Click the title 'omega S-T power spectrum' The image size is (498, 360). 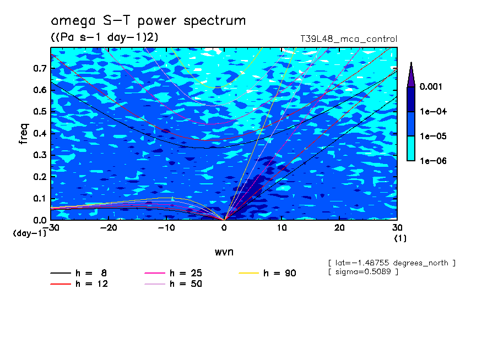148,21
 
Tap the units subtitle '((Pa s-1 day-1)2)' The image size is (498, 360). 105,37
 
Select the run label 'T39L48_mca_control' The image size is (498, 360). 349,39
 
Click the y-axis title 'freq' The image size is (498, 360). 24,134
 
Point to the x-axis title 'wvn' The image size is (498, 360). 224,252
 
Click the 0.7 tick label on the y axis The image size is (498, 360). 40,68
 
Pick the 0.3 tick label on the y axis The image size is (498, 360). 40,155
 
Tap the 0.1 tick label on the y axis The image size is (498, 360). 40,199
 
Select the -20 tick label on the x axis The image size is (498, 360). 109,228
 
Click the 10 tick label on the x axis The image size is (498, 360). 282,228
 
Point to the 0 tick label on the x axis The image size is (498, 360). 224,228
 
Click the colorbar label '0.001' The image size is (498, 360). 431,86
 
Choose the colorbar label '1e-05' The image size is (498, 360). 433,136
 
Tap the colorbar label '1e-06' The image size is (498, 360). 433,161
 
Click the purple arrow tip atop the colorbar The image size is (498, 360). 412,62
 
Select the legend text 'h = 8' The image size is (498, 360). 91,273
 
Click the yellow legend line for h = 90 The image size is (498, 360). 248,273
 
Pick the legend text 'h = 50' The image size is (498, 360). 186,284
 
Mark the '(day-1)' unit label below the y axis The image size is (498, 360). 30,233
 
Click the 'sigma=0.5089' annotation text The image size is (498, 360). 363,272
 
